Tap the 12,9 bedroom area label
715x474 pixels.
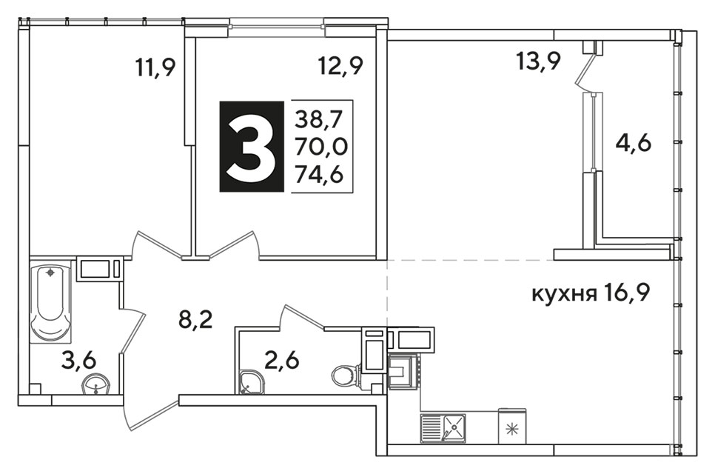tap(340, 67)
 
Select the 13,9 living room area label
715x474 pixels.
tap(538, 61)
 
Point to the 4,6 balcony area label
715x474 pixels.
tap(634, 144)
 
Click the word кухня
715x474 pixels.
tap(565, 295)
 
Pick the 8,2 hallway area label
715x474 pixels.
tap(195, 322)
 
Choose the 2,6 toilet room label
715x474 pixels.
tap(282, 361)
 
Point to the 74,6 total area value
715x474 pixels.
tap(319, 174)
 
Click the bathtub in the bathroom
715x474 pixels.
tap(50, 301)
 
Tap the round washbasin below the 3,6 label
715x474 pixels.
tap(95, 386)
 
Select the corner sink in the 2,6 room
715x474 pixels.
tap(249, 382)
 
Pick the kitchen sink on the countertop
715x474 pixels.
tap(443, 428)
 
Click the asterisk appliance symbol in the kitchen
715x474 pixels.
tap(513, 430)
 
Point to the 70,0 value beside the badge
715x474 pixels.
tap(321, 147)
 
